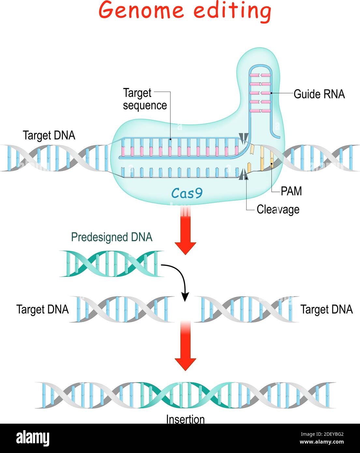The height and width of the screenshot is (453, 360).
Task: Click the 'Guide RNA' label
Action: [x=319, y=94]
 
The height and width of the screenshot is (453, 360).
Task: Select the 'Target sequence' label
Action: [x=144, y=99]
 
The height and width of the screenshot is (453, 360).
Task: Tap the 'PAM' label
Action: [x=291, y=191]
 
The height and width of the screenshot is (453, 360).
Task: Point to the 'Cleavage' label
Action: [x=278, y=209]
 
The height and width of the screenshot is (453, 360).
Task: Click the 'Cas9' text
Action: [x=187, y=193]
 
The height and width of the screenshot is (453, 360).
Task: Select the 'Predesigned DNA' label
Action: [x=112, y=237]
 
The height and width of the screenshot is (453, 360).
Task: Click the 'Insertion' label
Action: [x=185, y=419]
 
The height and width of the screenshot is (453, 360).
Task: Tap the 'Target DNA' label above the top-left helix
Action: [x=49, y=135]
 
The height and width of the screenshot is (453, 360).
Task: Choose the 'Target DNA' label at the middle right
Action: [x=326, y=309]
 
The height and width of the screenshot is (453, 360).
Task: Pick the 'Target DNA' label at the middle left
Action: [x=43, y=309]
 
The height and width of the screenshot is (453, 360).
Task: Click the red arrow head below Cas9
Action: [x=185, y=248]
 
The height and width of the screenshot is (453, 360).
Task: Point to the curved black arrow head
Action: [x=185, y=297]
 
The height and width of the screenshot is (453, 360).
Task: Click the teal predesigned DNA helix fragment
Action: [x=112, y=264]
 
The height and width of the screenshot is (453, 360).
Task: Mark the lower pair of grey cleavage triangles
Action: [x=243, y=176]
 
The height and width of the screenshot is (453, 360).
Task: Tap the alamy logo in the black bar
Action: [x=33, y=438]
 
